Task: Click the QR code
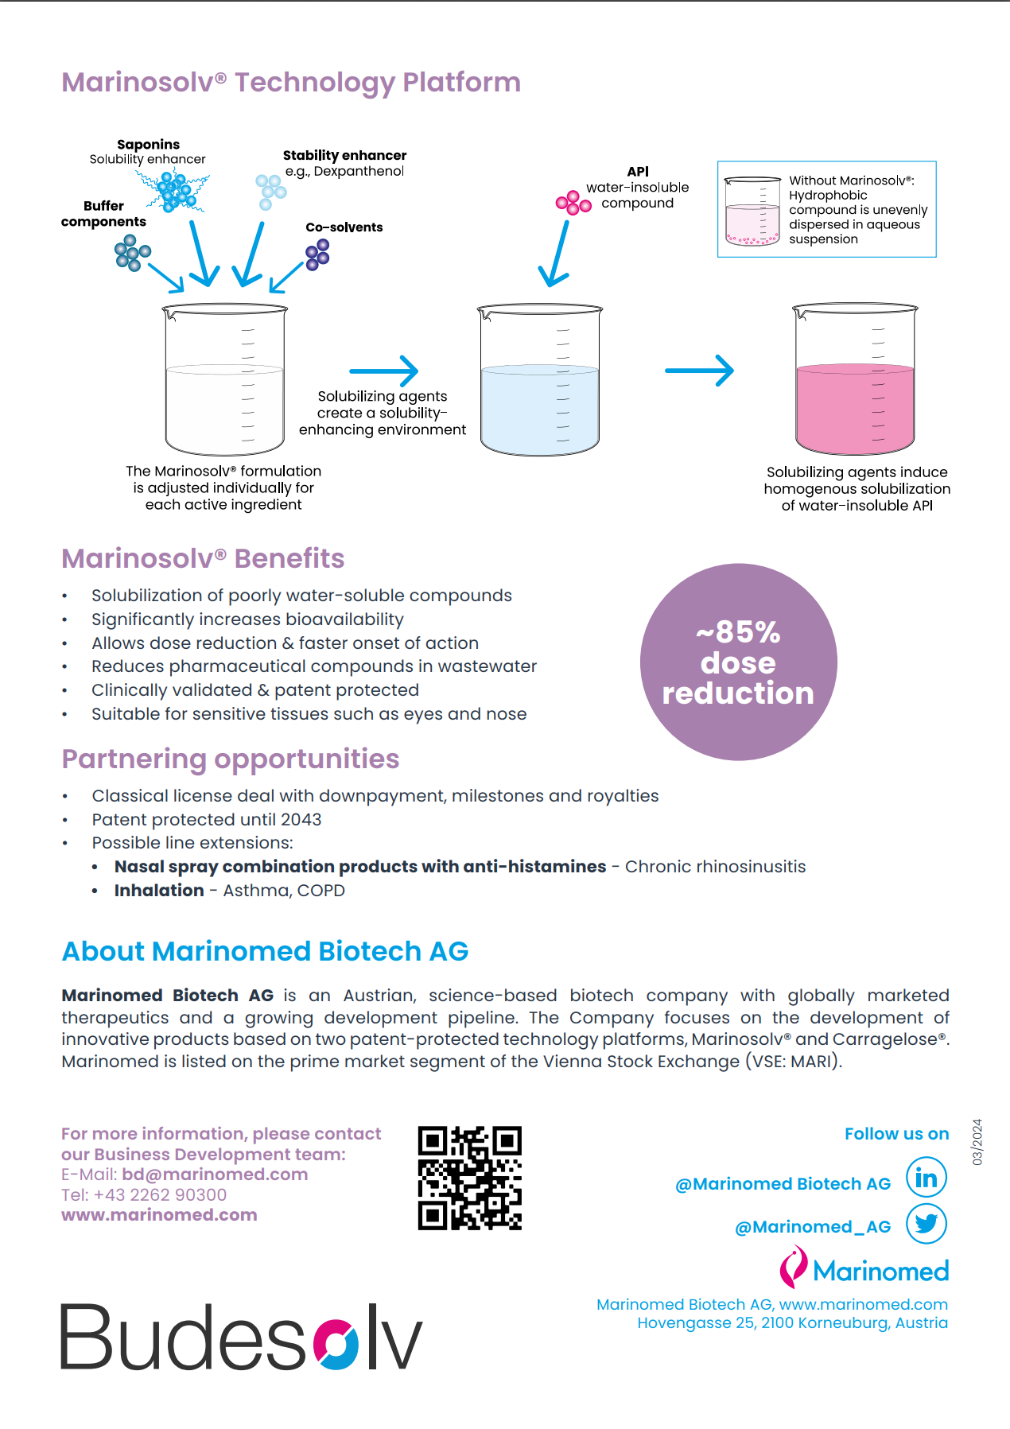(x=470, y=1178)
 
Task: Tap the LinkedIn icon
(x=926, y=1178)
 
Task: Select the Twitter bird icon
(x=926, y=1223)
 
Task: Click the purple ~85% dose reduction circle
(x=739, y=662)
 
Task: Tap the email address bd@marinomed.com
(x=215, y=1175)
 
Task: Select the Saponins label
(x=148, y=144)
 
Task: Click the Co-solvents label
(x=344, y=227)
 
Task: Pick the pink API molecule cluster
(x=573, y=203)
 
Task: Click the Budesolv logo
(x=241, y=1337)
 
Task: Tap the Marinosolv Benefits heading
(x=204, y=558)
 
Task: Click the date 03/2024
(x=977, y=1142)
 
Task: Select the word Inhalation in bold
(x=159, y=891)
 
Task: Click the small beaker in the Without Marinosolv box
(x=753, y=211)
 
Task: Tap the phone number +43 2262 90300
(x=160, y=1195)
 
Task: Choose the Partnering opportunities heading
(x=231, y=759)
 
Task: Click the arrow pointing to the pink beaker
(x=699, y=371)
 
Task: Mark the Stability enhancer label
(x=344, y=155)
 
